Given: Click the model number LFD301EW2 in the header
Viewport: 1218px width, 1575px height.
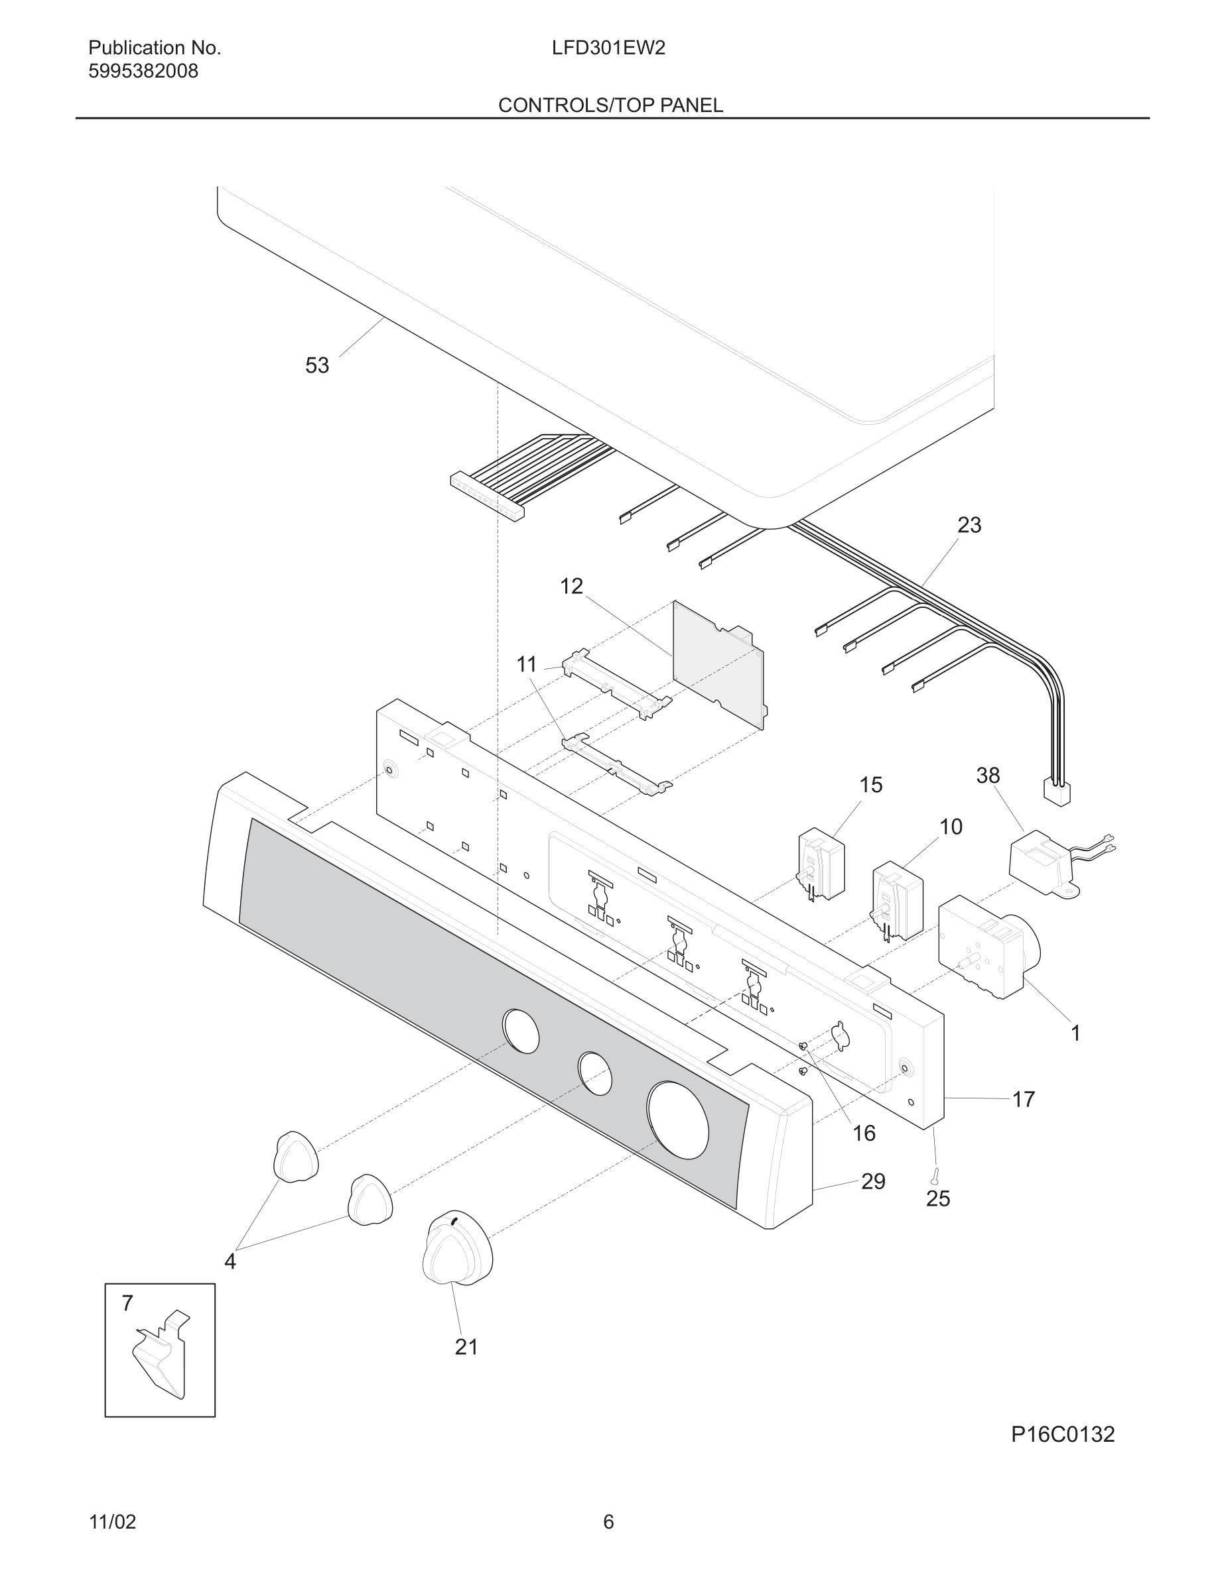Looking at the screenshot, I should click(608, 48).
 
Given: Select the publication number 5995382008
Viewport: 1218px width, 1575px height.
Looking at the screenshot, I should click(143, 72).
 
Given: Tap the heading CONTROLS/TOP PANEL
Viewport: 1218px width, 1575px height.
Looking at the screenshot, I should click(610, 105).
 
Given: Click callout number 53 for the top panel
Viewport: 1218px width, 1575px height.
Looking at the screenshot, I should click(316, 366).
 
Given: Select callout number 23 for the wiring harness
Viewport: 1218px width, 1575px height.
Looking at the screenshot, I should click(969, 525).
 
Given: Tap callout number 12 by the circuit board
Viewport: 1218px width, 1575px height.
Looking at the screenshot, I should click(571, 586).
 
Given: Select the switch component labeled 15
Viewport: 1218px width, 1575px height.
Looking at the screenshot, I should click(821, 864).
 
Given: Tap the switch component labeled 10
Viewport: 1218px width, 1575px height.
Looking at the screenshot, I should click(898, 902).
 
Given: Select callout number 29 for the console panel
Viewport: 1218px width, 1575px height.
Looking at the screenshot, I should click(873, 1181).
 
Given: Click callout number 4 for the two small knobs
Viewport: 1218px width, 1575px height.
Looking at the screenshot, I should click(230, 1261).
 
